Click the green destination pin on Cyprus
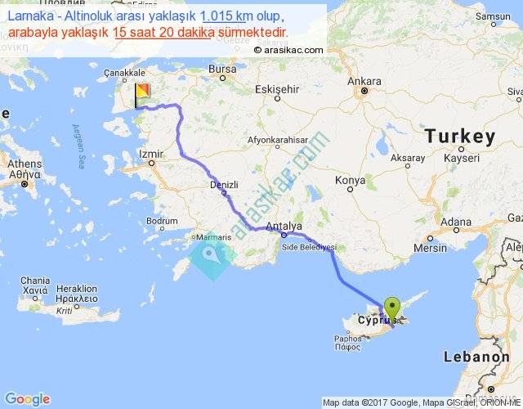[393, 308]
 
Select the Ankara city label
[364, 82]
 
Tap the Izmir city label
[152, 154]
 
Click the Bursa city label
[221, 70]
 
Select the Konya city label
[350, 179]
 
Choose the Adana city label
[456, 222]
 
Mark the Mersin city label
[431, 247]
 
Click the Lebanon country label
[477, 357]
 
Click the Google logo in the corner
[27, 399]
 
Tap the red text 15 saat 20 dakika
[160, 31]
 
